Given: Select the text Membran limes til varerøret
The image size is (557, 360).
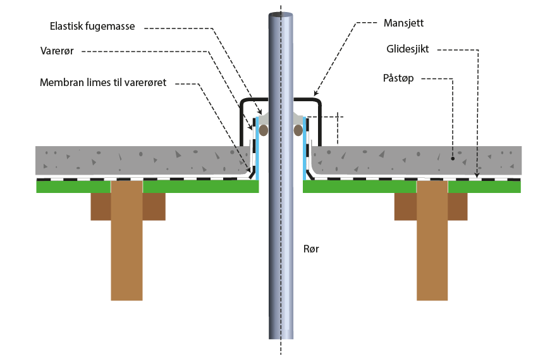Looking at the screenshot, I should [x=102, y=83].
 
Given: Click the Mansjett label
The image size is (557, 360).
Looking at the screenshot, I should [x=403, y=23].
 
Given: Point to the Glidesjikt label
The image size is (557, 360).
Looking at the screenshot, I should [x=407, y=49].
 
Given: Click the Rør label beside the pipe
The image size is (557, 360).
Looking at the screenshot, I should [x=311, y=249].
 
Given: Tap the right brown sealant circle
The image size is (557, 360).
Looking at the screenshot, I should [x=298, y=130].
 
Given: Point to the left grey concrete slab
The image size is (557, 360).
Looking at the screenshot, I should [x=139, y=160].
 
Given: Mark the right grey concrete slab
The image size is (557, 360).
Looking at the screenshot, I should [x=417, y=160].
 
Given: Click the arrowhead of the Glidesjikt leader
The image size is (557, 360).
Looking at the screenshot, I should [x=477, y=177].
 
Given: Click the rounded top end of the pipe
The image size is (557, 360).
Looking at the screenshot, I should [x=280, y=15].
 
